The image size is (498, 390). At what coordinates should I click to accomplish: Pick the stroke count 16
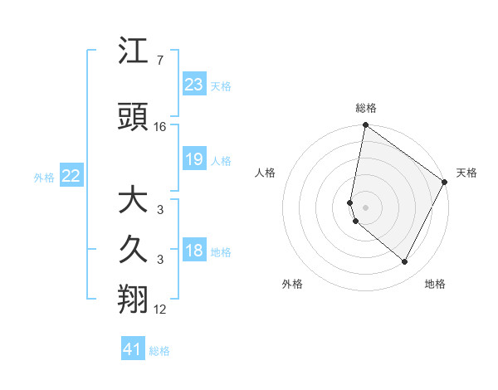coord(160,127)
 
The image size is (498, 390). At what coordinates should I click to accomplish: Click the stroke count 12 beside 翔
coord(160,310)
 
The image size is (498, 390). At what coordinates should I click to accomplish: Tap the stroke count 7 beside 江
coord(159,61)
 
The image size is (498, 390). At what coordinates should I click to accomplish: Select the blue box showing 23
coord(194,85)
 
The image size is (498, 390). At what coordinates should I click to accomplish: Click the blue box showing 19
coord(194,159)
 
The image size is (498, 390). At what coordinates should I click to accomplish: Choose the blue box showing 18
coord(194,251)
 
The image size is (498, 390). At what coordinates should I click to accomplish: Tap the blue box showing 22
coord(71,176)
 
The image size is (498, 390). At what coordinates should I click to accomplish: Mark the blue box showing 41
coord(133,349)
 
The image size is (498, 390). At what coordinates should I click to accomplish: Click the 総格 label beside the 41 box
coord(159,351)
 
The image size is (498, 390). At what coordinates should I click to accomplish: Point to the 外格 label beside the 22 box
coord(44,177)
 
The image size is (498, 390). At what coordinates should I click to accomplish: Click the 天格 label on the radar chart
coord(466,173)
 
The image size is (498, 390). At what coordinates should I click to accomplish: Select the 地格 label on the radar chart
coord(435,284)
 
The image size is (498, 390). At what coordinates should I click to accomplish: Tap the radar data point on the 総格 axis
coord(366,125)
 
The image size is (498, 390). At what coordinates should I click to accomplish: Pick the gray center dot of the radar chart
coord(366,207)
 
